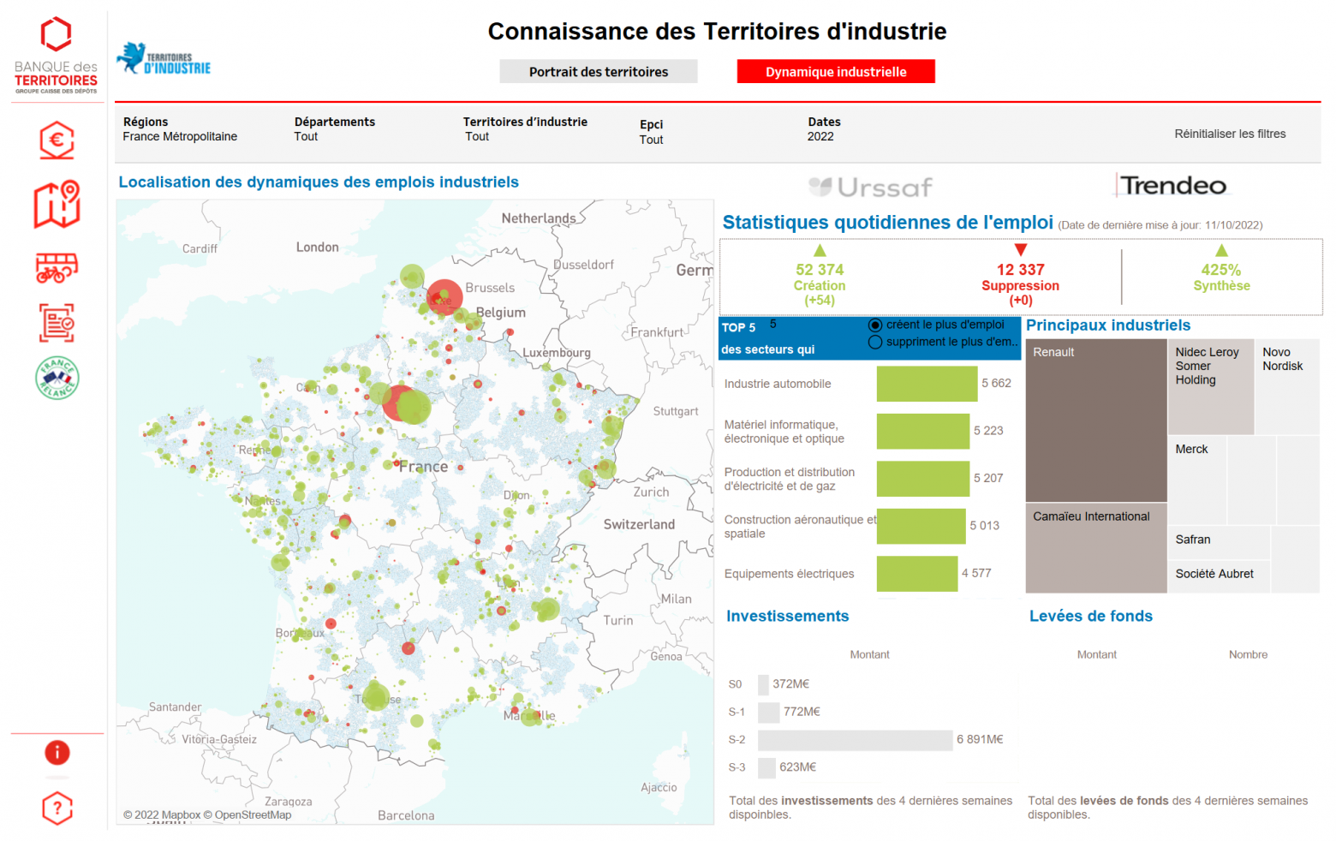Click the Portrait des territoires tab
(x=598, y=72)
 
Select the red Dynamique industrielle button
(x=835, y=72)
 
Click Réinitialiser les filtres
(x=1229, y=134)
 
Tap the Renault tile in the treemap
(x=1095, y=420)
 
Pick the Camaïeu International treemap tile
(x=1095, y=548)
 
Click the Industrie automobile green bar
(x=926, y=384)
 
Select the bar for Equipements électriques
(x=916, y=574)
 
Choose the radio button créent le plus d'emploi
(x=875, y=325)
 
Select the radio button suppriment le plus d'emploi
(x=875, y=343)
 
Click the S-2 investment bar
(x=855, y=740)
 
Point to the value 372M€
(x=790, y=684)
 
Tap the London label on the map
(x=318, y=248)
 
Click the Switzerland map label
(x=639, y=524)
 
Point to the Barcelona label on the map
(x=406, y=815)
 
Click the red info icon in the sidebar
(x=57, y=753)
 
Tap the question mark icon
(x=57, y=808)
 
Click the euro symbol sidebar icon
(x=57, y=140)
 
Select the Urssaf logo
(x=870, y=187)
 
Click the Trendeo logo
(x=1172, y=186)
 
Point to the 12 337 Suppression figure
(x=1020, y=277)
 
